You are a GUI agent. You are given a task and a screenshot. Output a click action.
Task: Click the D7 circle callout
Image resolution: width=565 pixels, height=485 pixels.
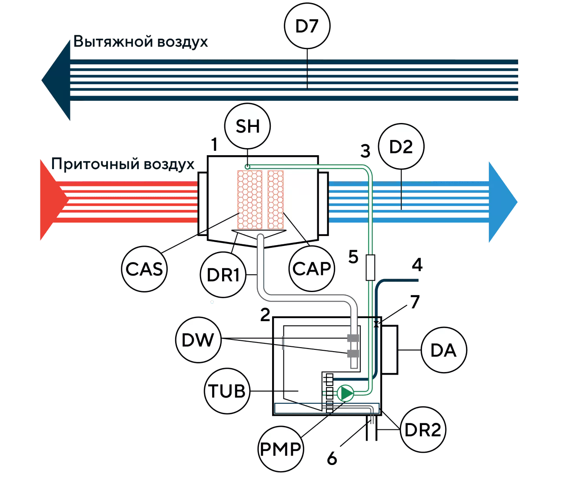[307, 26]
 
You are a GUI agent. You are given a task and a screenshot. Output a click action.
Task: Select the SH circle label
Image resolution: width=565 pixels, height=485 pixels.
[247, 126]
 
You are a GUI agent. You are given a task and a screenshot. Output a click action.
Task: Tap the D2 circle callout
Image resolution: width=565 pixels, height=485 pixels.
[401, 146]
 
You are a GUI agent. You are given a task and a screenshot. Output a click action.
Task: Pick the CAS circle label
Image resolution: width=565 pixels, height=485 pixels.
[144, 269]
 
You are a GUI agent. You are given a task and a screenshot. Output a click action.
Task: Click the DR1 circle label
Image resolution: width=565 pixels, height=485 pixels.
[223, 275]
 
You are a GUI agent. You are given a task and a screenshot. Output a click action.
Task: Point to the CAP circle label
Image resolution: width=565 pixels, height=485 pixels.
[312, 268]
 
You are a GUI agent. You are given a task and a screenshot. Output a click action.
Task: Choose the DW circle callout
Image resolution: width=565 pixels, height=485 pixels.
[198, 340]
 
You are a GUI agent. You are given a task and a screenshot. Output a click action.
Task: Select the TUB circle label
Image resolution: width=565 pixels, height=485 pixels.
[227, 391]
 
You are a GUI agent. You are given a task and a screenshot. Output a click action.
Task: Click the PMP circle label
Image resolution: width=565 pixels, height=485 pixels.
[281, 448]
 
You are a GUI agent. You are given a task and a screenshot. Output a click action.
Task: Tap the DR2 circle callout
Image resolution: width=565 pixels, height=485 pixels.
[423, 429]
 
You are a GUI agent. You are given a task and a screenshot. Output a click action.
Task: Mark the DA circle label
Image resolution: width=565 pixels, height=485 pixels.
[444, 350]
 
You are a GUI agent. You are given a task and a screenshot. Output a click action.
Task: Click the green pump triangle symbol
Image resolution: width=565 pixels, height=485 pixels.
[346, 393]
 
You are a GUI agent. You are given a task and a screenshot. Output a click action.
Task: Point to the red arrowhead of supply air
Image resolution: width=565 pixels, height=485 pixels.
[53, 200]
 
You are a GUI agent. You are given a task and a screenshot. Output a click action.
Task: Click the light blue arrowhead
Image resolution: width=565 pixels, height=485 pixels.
[503, 202]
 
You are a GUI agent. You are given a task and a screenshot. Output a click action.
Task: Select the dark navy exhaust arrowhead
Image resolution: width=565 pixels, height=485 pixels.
[56, 80]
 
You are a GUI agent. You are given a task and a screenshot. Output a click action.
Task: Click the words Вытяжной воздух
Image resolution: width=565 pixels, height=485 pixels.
[140, 42]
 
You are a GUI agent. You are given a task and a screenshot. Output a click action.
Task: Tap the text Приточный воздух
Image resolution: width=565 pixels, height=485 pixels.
[123, 164]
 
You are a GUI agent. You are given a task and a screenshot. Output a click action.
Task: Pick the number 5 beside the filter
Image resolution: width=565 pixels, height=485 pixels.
[353, 257]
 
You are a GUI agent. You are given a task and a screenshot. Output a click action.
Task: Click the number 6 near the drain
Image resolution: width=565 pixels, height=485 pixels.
[332, 458]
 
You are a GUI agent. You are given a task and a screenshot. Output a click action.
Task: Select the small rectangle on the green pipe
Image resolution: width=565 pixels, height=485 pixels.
[370, 267]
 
